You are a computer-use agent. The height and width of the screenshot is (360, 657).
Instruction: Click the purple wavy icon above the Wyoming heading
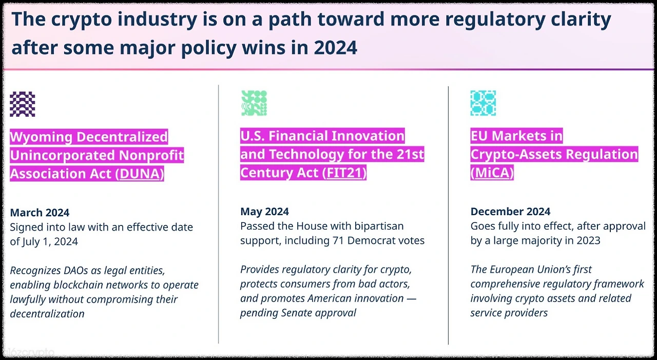22,104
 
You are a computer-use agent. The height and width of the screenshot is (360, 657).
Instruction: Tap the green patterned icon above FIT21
254,103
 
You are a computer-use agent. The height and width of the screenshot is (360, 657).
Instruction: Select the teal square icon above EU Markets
483,103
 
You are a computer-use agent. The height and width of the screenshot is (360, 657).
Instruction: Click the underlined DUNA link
140,174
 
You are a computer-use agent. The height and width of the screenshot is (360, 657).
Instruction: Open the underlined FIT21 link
344,173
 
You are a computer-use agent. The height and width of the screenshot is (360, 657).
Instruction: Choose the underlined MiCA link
492,173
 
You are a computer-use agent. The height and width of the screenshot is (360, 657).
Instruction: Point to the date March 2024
40,213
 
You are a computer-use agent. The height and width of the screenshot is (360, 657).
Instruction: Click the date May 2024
264,211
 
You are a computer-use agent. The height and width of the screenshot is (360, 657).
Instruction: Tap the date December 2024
510,211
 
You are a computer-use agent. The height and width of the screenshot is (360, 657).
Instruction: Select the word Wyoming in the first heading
41,137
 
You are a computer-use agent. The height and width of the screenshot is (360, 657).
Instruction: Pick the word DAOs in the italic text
75,270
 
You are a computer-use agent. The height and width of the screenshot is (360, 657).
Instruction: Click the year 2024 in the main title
336,48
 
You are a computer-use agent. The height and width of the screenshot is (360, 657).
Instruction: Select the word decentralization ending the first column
47,314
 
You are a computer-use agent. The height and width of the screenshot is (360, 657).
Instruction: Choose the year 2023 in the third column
588,240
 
